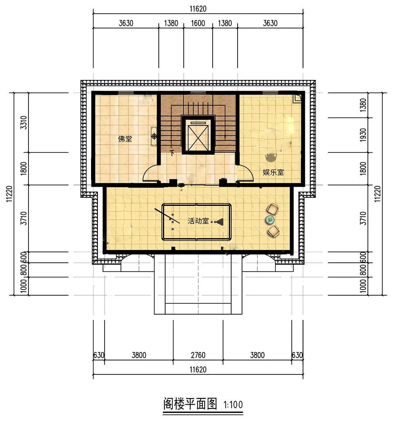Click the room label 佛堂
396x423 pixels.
[x=125, y=139]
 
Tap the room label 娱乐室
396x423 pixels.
[x=273, y=172]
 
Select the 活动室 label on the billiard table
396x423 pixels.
[x=198, y=221]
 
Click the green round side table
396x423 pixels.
[x=270, y=220]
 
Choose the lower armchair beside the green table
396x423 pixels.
[x=273, y=231]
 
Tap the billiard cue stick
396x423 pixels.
[x=167, y=216]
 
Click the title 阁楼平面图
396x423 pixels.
[x=190, y=404]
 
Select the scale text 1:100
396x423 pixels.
[x=233, y=405]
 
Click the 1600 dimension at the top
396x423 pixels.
[x=198, y=23]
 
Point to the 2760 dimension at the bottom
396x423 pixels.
[x=198, y=355]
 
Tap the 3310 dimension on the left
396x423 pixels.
[x=24, y=123]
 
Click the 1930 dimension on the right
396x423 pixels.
[x=364, y=135]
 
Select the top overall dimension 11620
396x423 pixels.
[x=198, y=9]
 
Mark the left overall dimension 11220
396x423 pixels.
[x=10, y=194]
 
